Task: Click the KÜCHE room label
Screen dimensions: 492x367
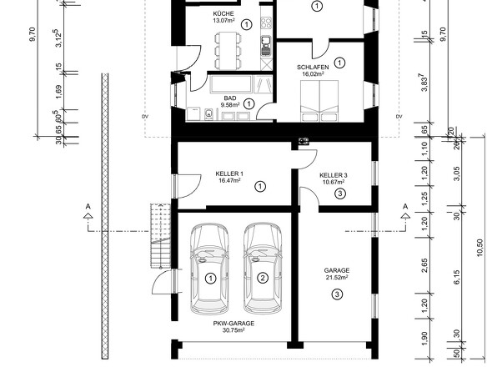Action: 223,14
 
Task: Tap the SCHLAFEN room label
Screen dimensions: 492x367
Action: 313,68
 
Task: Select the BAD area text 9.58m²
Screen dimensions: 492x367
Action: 230,105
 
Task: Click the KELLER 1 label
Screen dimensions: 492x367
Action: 229,173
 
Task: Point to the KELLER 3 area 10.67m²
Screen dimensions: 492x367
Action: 334,182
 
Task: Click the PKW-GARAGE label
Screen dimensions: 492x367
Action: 233,324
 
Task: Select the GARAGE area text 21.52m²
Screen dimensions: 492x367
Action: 337,277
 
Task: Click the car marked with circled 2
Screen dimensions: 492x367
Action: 263,269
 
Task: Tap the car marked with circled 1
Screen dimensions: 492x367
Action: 209,269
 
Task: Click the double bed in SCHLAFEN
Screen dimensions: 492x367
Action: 319,100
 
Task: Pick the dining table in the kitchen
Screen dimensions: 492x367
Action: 228,51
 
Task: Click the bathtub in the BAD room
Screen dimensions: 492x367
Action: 232,83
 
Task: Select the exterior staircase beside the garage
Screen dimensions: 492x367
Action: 160,236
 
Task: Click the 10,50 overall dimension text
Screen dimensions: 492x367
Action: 480,248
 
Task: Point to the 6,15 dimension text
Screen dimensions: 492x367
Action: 456,277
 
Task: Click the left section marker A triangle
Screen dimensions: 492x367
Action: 88,215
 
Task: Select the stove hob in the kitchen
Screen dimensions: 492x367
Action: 266,23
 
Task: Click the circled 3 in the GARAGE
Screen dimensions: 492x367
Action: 337,294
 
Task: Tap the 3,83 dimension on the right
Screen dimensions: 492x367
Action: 424,83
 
